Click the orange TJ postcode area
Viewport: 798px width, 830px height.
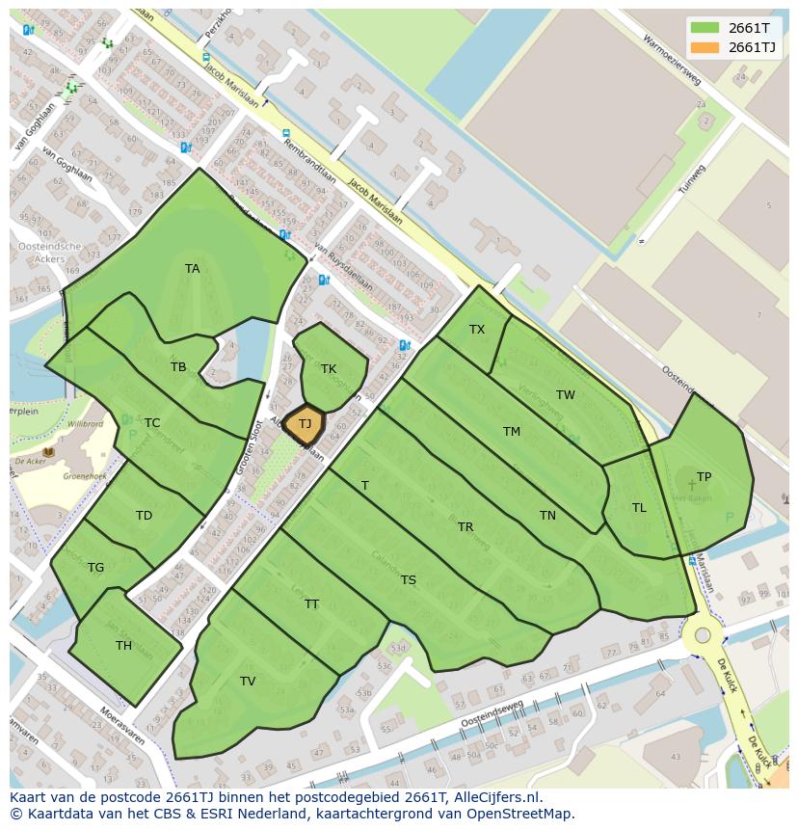pyautogui.click(x=305, y=424)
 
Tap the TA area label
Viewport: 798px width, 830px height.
pyautogui.click(x=193, y=269)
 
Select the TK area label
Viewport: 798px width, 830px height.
pyautogui.click(x=329, y=369)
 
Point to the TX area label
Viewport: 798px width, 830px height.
pyautogui.click(x=477, y=330)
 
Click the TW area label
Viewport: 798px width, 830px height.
pyautogui.click(x=566, y=395)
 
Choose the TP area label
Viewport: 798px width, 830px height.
pyautogui.click(x=704, y=477)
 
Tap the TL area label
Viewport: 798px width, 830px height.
pyautogui.click(x=639, y=508)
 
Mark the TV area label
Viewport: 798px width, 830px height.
pyautogui.click(x=248, y=682)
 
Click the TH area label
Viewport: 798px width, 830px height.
pyautogui.click(x=123, y=646)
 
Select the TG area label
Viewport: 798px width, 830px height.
pyautogui.click(x=95, y=568)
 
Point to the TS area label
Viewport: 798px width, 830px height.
pyautogui.click(x=409, y=580)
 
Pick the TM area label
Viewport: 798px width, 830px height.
pyautogui.click(x=512, y=432)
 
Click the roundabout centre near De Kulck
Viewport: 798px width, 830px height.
pyautogui.click(x=703, y=635)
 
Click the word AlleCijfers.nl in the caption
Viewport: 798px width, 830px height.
pyautogui.click(x=494, y=798)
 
